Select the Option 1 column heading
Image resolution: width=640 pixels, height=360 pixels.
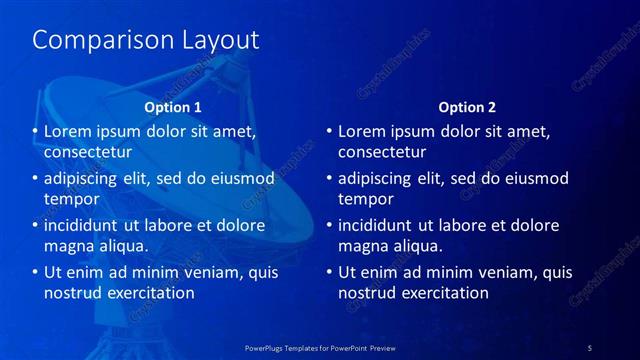click(x=173, y=107)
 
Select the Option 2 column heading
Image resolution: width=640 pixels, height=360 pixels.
click(x=467, y=107)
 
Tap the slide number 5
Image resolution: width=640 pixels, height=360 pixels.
click(x=590, y=347)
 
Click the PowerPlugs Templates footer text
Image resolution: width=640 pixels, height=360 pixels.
click(x=319, y=347)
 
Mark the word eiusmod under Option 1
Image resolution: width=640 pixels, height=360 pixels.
click(x=241, y=178)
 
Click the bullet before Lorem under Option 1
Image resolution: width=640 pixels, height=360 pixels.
click(x=34, y=131)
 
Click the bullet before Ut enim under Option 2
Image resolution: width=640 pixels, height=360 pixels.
click(x=328, y=271)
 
